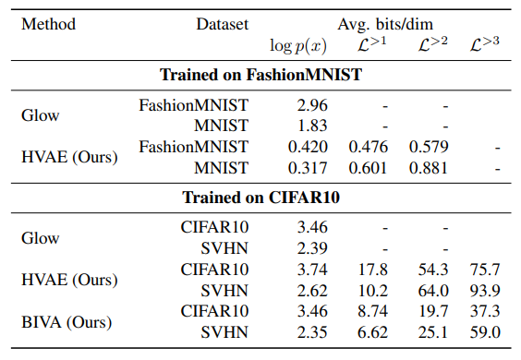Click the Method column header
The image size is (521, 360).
tap(49, 24)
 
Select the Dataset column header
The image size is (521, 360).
tap(223, 24)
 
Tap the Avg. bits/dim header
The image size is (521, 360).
tap(385, 25)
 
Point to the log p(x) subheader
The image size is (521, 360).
tap(298, 46)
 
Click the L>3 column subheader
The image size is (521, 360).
tap(484, 44)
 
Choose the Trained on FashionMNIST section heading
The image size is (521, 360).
tap(260, 75)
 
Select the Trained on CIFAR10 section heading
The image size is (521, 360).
tap(260, 198)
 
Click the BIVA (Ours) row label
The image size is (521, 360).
tap(67, 322)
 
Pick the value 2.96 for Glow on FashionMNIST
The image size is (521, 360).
tap(312, 105)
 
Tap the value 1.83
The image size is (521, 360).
tap(312, 126)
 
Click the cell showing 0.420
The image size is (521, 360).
tap(308, 147)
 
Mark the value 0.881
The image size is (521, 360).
tap(429, 168)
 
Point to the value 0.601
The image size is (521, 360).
tap(369, 168)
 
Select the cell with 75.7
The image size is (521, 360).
tap(485, 270)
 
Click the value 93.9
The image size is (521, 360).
tap(485, 291)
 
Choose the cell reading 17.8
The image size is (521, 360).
tap(373, 270)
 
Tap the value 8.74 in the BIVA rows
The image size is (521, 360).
tap(373, 311)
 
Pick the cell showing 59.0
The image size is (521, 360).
tap(485, 332)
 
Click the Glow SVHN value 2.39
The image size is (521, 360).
tap(312, 248)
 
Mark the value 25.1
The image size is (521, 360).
tap(433, 332)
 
